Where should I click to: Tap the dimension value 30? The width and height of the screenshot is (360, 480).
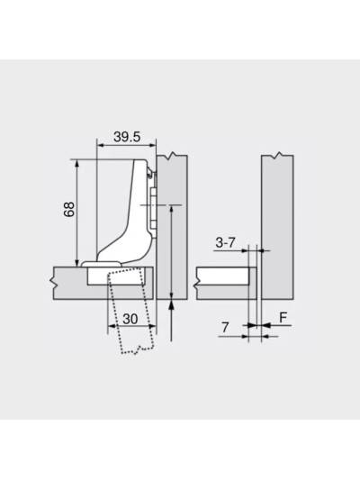pyautogui.click(x=130, y=318)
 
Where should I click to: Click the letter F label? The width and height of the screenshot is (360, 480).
pyautogui.click(x=283, y=317)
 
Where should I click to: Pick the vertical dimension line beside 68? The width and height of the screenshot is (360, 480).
pyautogui.click(x=79, y=212)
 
